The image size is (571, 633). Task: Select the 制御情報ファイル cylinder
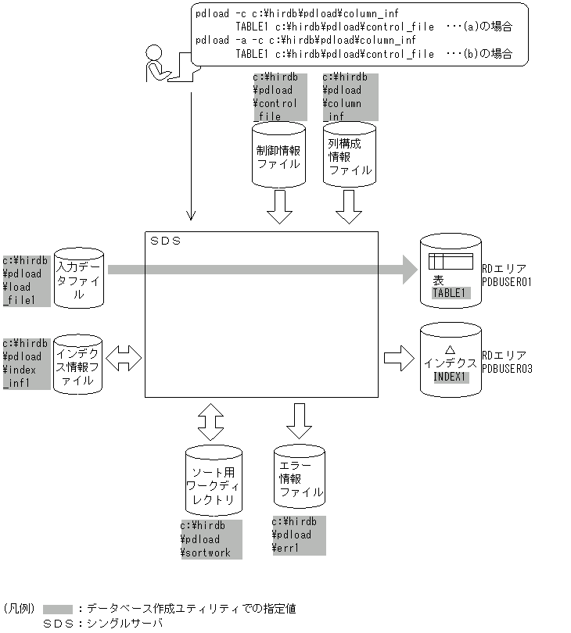(x=278, y=154)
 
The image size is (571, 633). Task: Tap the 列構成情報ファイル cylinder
(x=349, y=154)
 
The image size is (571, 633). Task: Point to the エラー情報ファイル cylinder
(x=300, y=474)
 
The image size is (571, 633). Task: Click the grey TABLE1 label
(x=451, y=294)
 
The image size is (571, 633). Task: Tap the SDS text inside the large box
(x=165, y=241)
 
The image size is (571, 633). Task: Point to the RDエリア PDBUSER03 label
(x=506, y=361)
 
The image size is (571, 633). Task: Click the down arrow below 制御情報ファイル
(x=278, y=205)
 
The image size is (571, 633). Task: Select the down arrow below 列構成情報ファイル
(x=349, y=205)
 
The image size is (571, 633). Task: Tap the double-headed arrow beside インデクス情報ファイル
(x=124, y=359)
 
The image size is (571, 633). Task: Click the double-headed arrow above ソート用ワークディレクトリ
(x=210, y=422)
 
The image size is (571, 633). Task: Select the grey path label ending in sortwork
(x=211, y=539)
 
